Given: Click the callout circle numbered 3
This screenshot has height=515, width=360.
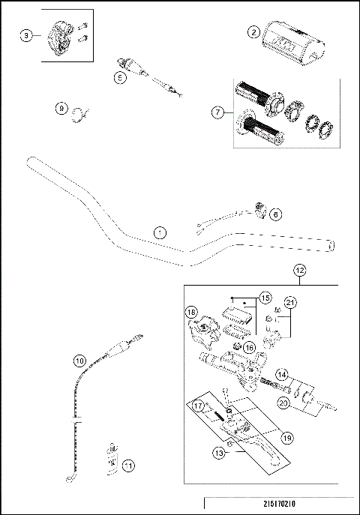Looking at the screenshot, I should click(27, 35).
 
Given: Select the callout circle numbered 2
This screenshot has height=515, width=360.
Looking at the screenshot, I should click(254, 31).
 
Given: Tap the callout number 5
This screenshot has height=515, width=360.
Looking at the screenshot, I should click(119, 76).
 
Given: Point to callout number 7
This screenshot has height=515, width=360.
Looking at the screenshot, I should click(218, 112).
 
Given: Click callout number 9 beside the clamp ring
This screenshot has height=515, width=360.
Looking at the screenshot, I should click(61, 109).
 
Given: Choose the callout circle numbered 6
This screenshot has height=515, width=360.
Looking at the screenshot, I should click(275, 214).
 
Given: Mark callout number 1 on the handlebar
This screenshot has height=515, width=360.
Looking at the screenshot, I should click(158, 232).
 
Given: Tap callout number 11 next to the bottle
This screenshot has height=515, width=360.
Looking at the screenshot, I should click(128, 466).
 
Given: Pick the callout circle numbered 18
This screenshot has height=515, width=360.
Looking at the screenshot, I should click(191, 312).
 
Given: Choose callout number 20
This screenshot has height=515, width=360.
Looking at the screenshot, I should click(283, 403).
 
